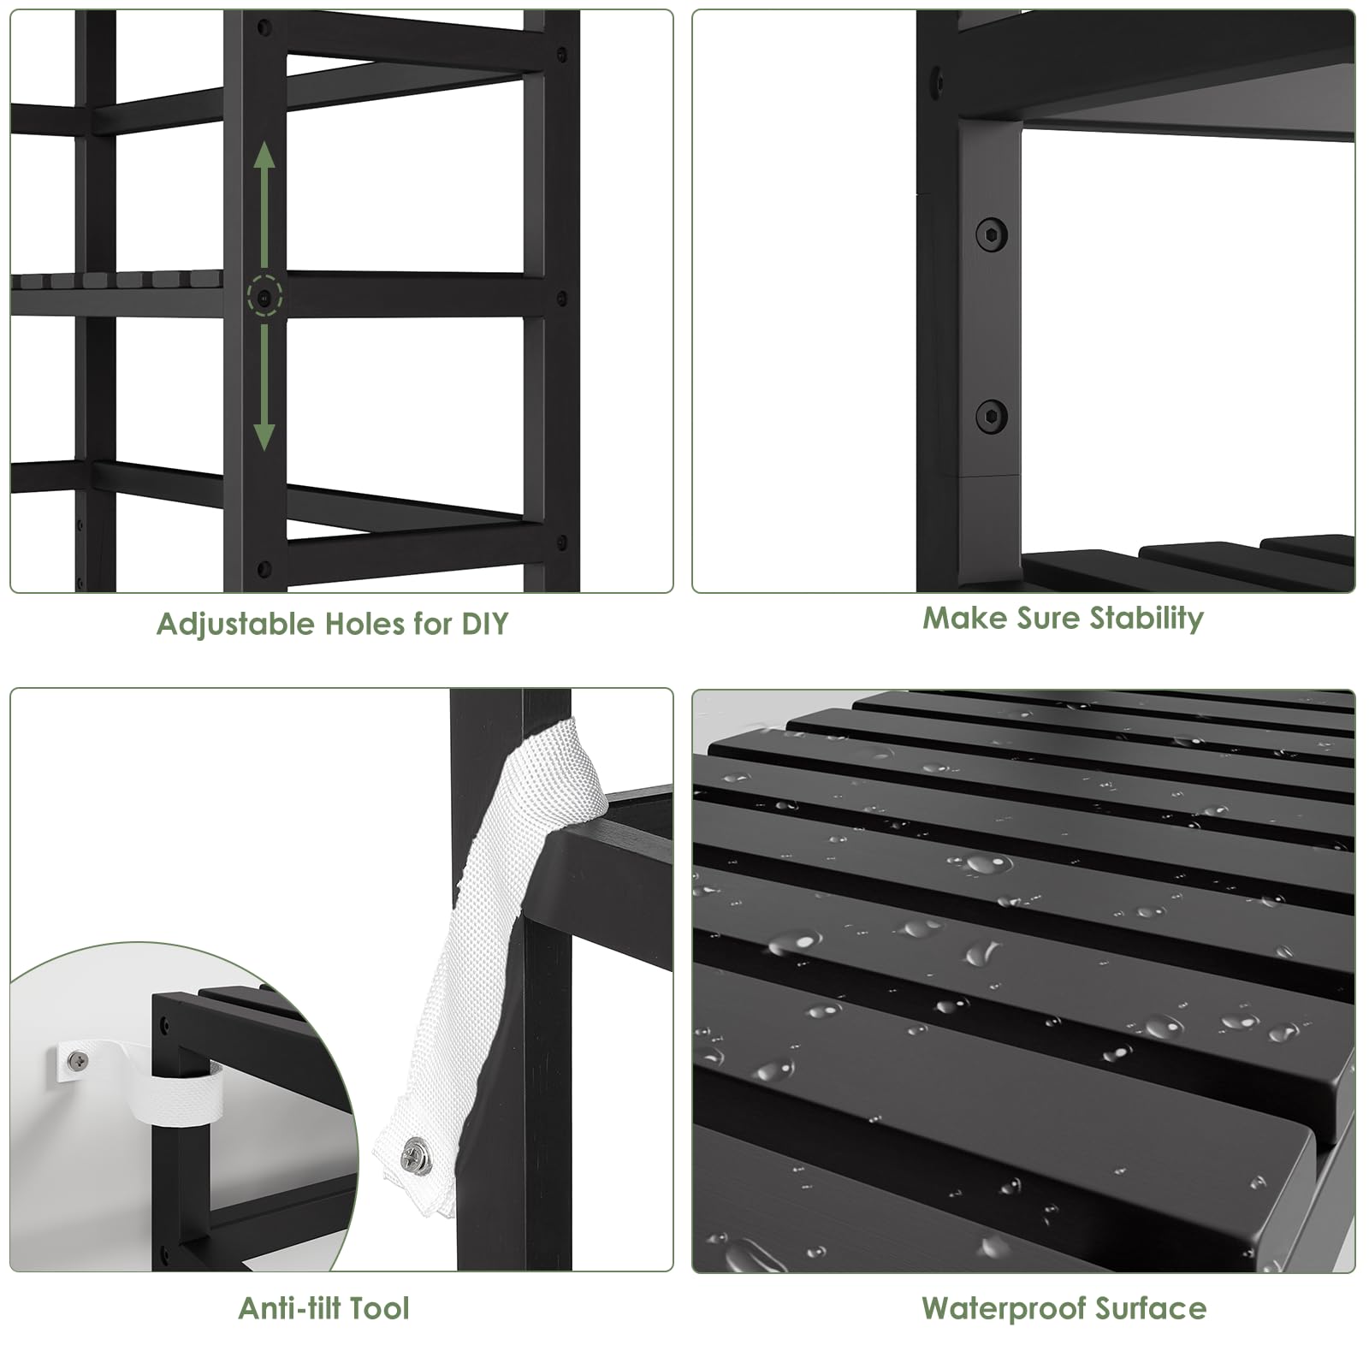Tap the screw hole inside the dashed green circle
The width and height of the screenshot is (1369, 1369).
click(264, 298)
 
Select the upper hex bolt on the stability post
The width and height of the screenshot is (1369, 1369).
click(992, 234)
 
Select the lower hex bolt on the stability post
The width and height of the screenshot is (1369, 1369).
click(992, 417)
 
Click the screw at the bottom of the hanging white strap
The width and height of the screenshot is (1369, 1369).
click(418, 1154)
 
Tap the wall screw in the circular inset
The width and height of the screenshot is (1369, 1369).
click(78, 1061)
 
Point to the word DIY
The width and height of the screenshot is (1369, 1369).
click(485, 624)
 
